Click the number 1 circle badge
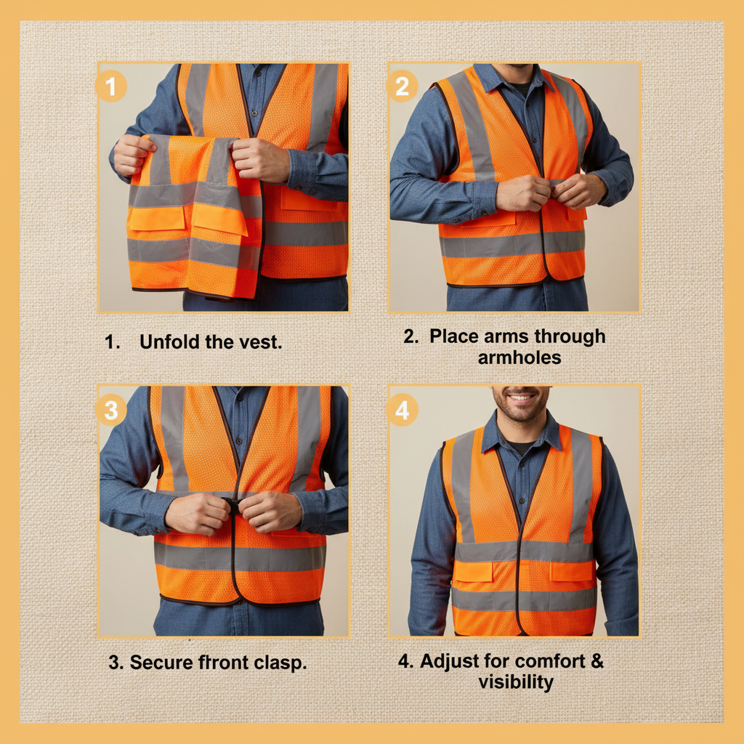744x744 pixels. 111,87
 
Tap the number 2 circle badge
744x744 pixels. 402,87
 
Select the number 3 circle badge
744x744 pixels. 111,411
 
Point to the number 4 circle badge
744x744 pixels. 402,411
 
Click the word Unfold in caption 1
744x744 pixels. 170,341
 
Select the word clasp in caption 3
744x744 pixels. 280,662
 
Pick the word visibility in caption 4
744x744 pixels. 516,682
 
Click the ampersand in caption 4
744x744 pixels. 596,661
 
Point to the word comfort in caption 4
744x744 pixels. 550,661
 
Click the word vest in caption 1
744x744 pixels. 259,341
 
